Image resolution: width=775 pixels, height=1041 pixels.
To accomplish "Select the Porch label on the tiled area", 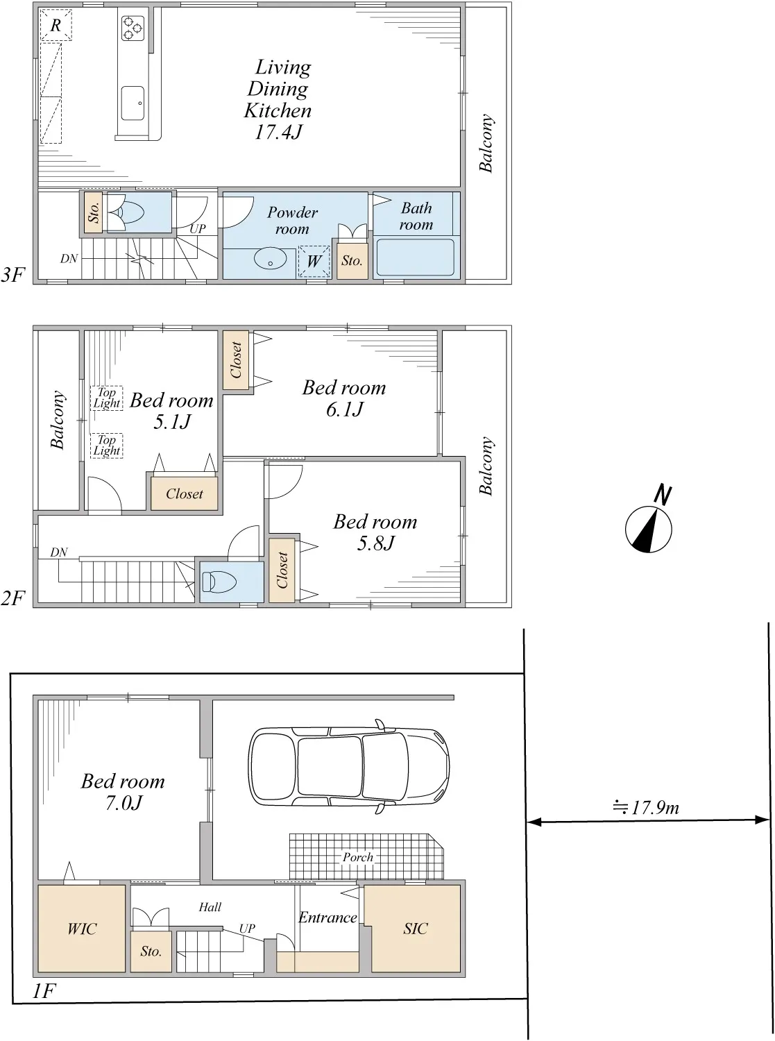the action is click(x=358, y=857).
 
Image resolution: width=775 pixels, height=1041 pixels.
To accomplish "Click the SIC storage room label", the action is click(x=416, y=929).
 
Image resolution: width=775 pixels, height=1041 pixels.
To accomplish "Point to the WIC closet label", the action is click(x=82, y=929).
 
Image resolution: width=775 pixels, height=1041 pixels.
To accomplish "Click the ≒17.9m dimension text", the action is click(x=646, y=807).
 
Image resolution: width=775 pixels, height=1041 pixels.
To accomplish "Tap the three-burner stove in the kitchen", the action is click(x=133, y=28).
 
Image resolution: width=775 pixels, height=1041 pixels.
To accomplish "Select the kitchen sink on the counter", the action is click(x=133, y=103).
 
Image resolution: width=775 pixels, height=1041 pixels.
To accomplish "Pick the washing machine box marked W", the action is click(x=314, y=261).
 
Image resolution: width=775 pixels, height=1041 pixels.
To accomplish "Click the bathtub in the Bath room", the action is click(x=416, y=257).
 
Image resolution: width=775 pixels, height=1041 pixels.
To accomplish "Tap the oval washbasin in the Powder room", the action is click(x=271, y=257).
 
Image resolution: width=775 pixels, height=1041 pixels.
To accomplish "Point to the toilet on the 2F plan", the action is click(x=215, y=582).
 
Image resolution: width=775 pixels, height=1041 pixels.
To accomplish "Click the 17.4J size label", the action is click(x=278, y=132).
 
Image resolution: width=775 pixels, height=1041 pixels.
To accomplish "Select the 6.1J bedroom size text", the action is click(x=345, y=409).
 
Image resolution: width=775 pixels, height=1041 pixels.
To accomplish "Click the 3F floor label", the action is click(x=12, y=275).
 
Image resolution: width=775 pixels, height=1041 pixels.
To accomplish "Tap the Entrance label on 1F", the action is click(x=328, y=917).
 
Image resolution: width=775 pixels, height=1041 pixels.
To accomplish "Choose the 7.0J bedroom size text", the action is click(x=123, y=803).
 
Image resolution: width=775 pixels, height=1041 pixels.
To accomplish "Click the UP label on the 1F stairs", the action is click(x=247, y=929).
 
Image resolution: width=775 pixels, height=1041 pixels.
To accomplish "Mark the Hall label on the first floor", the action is click(x=210, y=907).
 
